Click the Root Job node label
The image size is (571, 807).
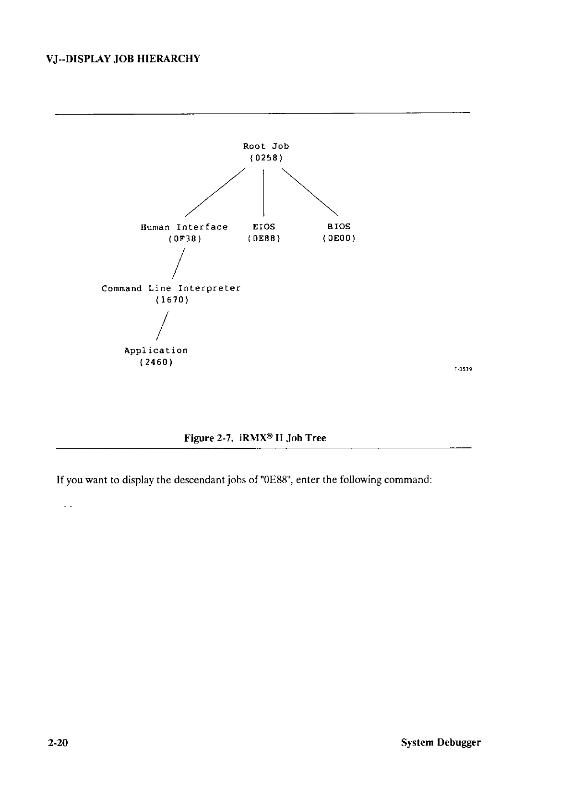click(266, 146)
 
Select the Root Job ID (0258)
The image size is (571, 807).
click(266, 158)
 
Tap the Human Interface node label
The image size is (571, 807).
click(184, 227)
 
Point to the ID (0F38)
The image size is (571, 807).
click(184, 238)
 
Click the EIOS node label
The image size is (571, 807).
click(264, 226)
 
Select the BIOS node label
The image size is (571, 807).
click(339, 226)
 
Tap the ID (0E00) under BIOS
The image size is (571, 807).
click(339, 238)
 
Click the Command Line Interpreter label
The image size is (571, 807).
click(171, 289)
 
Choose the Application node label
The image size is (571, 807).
click(156, 351)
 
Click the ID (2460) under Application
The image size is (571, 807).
click(156, 362)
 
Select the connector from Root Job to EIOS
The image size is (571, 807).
click(263, 192)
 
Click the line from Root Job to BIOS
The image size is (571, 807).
click(310, 191)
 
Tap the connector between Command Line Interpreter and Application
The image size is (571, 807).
click(162, 326)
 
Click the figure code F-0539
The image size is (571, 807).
click(464, 369)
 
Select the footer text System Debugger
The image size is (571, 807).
click(440, 743)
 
